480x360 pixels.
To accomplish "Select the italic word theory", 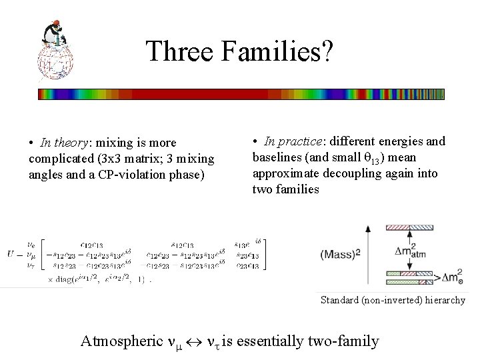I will pyautogui.click(x=68, y=143).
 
